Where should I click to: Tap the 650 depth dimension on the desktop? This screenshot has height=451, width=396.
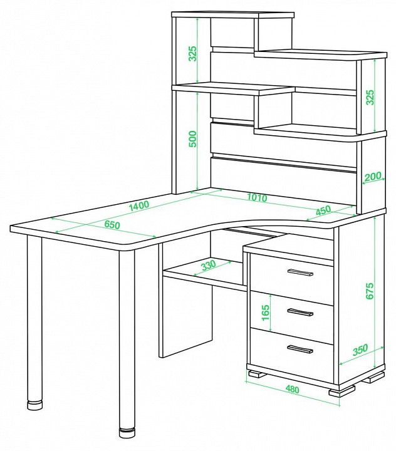(x=112, y=225)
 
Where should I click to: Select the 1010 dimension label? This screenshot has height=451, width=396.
(x=257, y=197)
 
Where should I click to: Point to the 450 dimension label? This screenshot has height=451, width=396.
(x=323, y=210)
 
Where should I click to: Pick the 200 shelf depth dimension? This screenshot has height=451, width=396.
(x=372, y=176)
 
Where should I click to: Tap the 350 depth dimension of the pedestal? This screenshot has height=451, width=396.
(x=360, y=350)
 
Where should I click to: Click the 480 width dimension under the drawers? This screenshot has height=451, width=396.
(x=292, y=389)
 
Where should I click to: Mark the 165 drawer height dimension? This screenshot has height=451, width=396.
(x=266, y=313)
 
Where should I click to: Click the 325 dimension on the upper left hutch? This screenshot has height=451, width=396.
(x=192, y=53)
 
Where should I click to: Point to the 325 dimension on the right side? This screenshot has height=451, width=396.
(x=370, y=97)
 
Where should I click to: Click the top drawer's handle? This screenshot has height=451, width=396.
(x=300, y=272)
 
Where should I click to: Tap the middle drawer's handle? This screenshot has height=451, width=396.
(x=300, y=312)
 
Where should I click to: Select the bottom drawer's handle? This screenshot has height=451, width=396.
(x=300, y=349)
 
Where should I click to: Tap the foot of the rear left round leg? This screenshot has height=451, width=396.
(x=34, y=405)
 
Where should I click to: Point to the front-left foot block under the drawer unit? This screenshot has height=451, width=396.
(x=258, y=374)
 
